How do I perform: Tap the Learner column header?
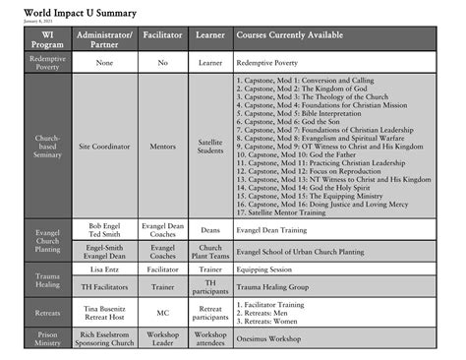[x=210, y=36]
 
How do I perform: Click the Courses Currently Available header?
[x=290, y=36]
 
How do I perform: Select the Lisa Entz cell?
[x=106, y=269]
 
